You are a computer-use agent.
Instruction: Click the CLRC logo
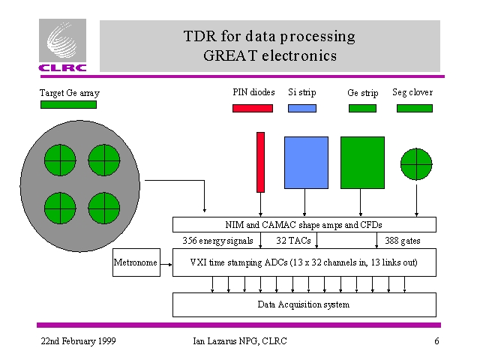[64, 46]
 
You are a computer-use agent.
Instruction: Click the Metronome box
[136, 262]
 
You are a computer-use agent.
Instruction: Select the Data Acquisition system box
[304, 304]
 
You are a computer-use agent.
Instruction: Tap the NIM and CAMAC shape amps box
[304, 225]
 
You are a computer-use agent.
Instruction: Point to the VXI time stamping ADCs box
[304, 262]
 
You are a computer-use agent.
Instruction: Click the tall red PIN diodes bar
[260, 162]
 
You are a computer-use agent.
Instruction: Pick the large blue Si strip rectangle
[306, 162]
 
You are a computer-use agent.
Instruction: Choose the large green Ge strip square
[362, 162]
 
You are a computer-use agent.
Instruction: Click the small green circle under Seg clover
[415, 164]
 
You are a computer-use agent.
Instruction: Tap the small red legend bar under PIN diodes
[253, 109]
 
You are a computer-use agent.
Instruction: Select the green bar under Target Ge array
[68, 105]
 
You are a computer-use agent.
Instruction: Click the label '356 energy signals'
[218, 241]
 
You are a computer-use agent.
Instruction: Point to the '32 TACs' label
[293, 241]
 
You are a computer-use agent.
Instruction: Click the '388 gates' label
[402, 241]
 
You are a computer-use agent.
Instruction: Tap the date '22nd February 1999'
[78, 342]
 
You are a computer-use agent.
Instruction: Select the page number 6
[436, 342]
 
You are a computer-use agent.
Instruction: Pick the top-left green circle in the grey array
[59, 160]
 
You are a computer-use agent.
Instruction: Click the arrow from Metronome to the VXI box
[166, 262]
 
